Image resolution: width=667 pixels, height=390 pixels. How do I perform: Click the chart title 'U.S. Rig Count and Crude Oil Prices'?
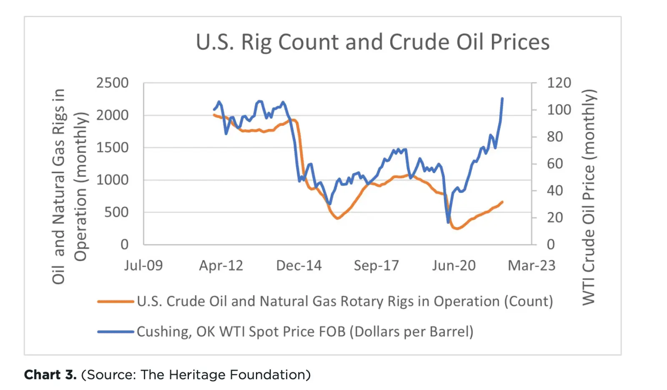coord(373,42)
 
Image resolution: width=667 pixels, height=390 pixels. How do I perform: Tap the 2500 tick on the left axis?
coord(113,83)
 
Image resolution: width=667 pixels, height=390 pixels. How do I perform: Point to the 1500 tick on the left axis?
coord(113,147)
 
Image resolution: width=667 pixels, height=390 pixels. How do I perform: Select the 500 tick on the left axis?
coord(116,212)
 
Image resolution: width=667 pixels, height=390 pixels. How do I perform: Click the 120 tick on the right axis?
coord(559,83)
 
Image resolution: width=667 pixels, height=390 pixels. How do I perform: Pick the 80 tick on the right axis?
coord(555,137)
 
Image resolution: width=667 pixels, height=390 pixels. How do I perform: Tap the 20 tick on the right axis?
coord(555,217)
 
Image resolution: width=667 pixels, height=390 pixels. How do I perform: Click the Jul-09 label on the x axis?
coord(143,266)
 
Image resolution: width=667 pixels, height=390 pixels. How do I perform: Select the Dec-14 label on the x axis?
coord(299,266)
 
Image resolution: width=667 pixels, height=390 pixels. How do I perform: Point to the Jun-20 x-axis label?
coord(454,266)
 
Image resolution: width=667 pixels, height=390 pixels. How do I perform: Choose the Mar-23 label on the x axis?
coord(532,266)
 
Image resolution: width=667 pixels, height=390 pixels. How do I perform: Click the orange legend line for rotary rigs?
coord(115,301)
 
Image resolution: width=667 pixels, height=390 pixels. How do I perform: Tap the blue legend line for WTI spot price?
coord(115,332)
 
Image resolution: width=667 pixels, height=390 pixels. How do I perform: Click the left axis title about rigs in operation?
coord(70,186)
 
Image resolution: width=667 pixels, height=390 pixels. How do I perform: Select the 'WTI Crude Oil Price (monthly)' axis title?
coord(588,196)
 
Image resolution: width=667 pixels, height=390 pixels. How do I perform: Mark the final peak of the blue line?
coord(502,99)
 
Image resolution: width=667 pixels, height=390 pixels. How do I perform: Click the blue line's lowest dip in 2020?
coord(449,222)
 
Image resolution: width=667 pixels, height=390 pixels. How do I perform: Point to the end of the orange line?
coord(502,202)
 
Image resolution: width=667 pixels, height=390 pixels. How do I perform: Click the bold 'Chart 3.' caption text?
coord(50,375)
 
